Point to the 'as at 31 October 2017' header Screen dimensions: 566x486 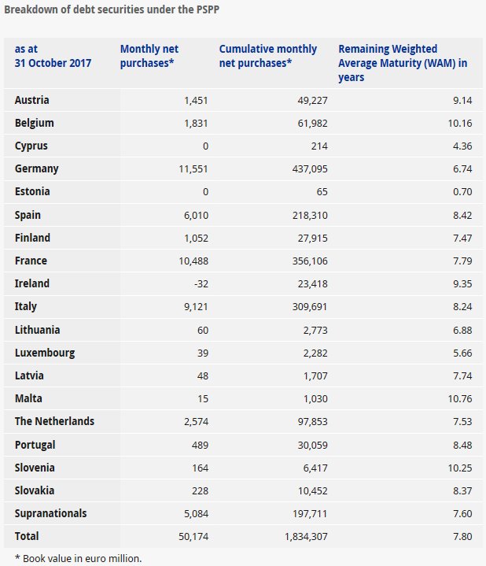pos(53,56)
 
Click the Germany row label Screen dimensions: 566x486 pos(37,168)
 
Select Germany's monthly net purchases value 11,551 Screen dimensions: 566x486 pos(190,168)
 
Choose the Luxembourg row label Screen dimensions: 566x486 pos(45,353)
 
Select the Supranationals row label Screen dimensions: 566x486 pos(51,513)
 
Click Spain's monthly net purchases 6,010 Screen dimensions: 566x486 pos(193,215)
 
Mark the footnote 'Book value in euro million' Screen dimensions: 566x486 pos(73,558)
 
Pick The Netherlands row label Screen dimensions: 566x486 pos(54,421)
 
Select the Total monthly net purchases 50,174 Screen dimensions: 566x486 pos(191,536)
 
